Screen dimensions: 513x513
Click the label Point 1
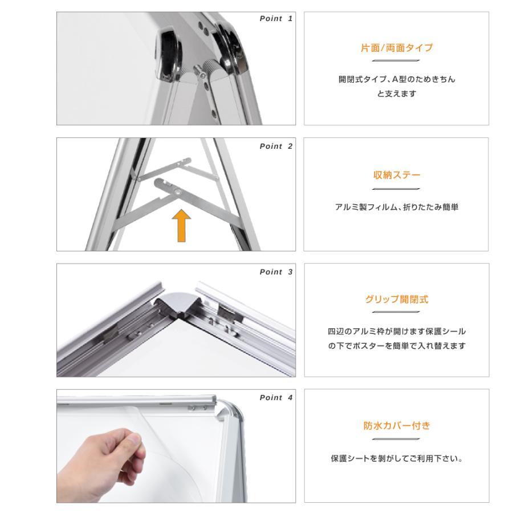276,19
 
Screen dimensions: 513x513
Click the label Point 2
276,146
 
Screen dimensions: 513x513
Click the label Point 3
276,272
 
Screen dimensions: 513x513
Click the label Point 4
276,397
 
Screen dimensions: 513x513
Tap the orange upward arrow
181,225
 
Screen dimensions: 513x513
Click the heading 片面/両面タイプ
396,48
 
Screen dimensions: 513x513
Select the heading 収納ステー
396,174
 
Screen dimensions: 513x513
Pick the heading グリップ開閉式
396,300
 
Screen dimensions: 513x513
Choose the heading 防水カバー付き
396,426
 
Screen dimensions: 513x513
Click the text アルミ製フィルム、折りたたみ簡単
396,207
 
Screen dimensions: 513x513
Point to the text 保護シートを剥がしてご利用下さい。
396,459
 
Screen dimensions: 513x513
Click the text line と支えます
396,93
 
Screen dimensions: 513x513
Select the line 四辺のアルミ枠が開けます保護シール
396,331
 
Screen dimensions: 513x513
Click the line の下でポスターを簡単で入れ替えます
396,346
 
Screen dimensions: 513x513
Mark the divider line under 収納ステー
396,189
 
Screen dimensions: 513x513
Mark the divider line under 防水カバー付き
396,439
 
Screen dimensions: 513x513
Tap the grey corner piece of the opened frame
179,302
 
